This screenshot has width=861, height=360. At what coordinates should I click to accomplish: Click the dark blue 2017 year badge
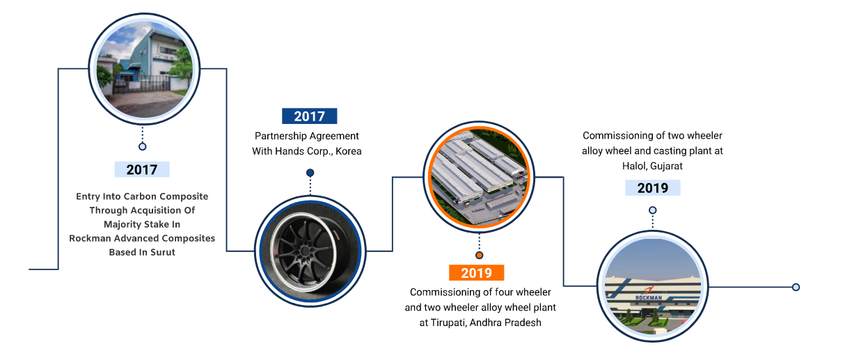(310, 116)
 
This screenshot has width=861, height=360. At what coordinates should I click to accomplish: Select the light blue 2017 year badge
(142, 170)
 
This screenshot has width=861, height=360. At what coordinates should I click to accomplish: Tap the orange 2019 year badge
(476, 273)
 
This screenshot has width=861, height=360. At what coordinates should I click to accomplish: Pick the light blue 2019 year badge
(653, 188)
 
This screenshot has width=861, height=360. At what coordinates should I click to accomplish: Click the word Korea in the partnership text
(349, 151)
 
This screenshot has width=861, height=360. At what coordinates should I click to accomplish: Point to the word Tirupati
(448, 322)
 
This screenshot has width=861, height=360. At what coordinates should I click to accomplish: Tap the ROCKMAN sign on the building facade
(649, 297)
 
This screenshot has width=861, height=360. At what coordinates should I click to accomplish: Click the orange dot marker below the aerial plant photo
(479, 255)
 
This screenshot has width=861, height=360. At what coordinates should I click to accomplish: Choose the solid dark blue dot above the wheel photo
(310, 173)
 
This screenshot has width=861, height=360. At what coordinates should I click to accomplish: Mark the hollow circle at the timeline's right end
(796, 287)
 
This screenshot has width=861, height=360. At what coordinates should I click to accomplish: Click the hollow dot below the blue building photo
(142, 146)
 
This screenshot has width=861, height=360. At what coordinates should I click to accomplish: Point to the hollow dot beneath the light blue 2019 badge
(653, 210)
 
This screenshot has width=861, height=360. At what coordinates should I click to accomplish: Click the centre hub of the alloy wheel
(303, 252)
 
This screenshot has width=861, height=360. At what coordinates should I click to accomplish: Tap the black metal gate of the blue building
(141, 84)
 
